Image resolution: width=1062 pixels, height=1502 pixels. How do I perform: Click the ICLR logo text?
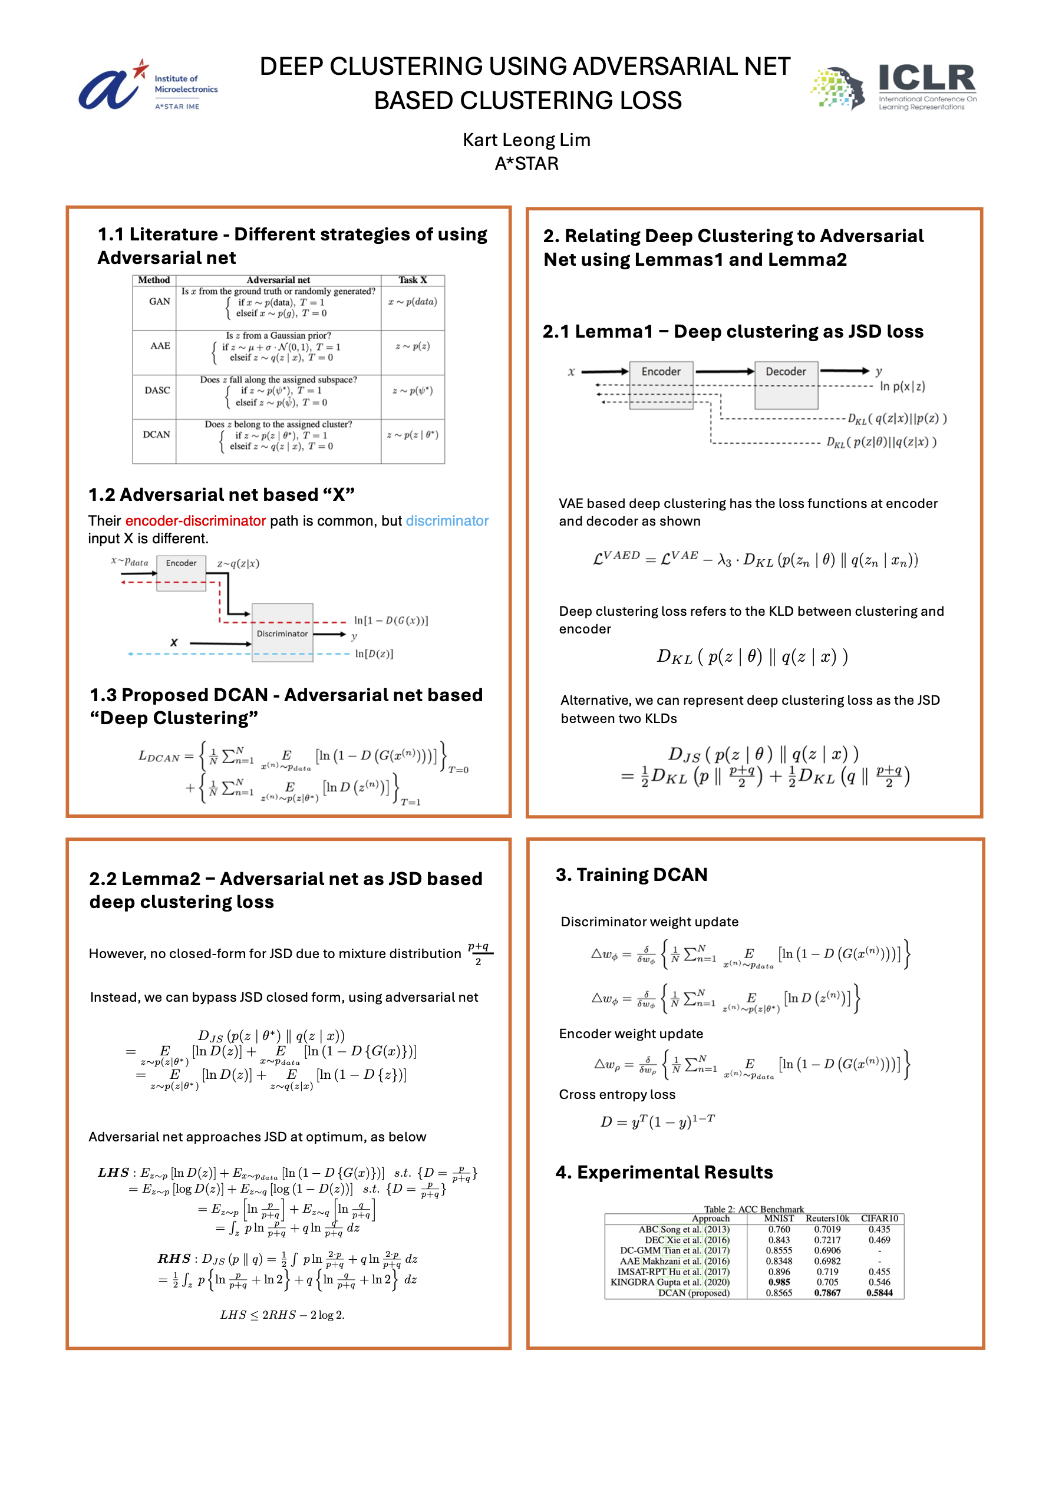click(x=926, y=78)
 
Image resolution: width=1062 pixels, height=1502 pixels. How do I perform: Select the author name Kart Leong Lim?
click(x=526, y=140)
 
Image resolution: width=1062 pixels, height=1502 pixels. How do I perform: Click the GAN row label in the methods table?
click(x=159, y=302)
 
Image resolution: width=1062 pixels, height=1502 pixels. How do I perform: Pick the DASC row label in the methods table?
click(x=157, y=391)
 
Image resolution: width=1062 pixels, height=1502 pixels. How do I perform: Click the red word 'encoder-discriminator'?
click(x=195, y=521)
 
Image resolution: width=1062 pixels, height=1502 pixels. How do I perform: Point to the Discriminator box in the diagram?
click(x=282, y=633)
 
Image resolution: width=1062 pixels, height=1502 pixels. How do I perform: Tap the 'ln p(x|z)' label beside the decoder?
click(x=902, y=387)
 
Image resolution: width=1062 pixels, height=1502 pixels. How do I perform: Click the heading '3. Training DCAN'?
click(x=631, y=874)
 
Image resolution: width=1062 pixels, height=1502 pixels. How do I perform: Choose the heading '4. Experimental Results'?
click(x=664, y=1172)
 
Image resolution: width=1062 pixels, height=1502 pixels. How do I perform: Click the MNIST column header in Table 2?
click(x=779, y=1218)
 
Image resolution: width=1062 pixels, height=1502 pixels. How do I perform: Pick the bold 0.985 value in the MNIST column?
click(x=779, y=1282)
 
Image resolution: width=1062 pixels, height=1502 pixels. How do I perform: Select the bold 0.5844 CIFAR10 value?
click(x=879, y=1293)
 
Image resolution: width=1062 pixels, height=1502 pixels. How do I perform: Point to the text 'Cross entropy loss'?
click(x=617, y=1094)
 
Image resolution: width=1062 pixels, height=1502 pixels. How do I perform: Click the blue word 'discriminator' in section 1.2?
click(x=447, y=521)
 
